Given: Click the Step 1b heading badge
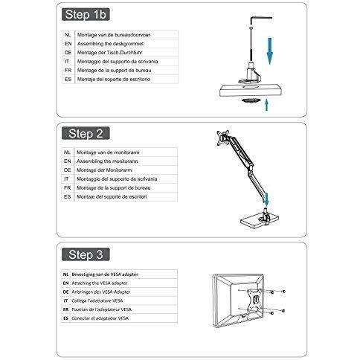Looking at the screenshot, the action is click(x=86, y=14).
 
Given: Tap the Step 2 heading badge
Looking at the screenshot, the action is click(x=86, y=133).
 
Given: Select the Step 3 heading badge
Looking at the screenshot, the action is click(x=86, y=254).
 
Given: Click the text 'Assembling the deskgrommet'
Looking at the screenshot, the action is click(x=110, y=44).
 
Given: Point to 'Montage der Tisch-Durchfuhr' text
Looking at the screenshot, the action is click(x=110, y=53).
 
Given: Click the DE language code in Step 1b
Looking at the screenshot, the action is click(x=68, y=53).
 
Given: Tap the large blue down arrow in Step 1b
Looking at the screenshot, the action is click(x=270, y=51).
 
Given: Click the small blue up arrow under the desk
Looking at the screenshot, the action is click(x=267, y=105).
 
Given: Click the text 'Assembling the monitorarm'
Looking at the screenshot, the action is click(x=107, y=161).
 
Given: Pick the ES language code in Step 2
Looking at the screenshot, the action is click(x=67, y=197).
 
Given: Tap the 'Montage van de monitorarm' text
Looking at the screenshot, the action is click(x=108, y=152).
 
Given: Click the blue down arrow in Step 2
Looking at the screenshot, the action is click(x=266, y=200).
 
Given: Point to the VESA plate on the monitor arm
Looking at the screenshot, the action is click(x=222, y=138).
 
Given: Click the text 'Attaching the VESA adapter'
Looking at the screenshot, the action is click(x=100, y=283).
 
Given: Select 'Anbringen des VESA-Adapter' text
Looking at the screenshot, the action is click(x=101, y=292).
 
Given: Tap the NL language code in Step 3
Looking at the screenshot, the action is click(x=65, y=274).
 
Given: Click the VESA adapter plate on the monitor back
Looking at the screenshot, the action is click(x=254, y=300).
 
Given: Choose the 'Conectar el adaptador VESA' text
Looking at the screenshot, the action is click(x=100, y=318).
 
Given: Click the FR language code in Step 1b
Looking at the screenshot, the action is click(x=68, y=71).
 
